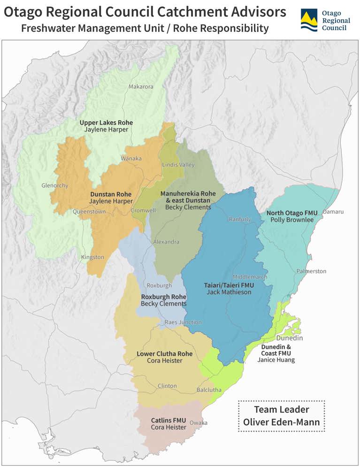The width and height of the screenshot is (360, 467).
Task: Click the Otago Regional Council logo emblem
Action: click(309, 20)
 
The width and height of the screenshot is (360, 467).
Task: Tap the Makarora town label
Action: click(141, 87)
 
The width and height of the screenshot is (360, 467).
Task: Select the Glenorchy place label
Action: click(54, 185)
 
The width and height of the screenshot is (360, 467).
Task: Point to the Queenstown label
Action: click(89, 212)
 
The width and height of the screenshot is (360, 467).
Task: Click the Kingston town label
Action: click(92, 257)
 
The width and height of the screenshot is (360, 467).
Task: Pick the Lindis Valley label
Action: click(178, 165)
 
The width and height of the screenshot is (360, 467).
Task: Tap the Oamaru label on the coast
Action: click(333, 212)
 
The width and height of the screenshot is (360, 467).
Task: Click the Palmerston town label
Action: click(311, 271)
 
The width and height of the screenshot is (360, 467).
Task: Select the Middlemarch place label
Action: click(250, 277)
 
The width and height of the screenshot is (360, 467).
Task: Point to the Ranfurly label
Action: click(239, 219)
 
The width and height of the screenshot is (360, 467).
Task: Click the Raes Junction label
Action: click(183, 322)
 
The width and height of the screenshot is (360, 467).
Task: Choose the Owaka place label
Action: click(198, 422)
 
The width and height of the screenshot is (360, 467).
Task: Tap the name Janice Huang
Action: click(276, 360)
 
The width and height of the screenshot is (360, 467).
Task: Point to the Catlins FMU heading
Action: click(169, 420)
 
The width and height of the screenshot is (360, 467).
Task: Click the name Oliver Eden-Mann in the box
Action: click(281, 422)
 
